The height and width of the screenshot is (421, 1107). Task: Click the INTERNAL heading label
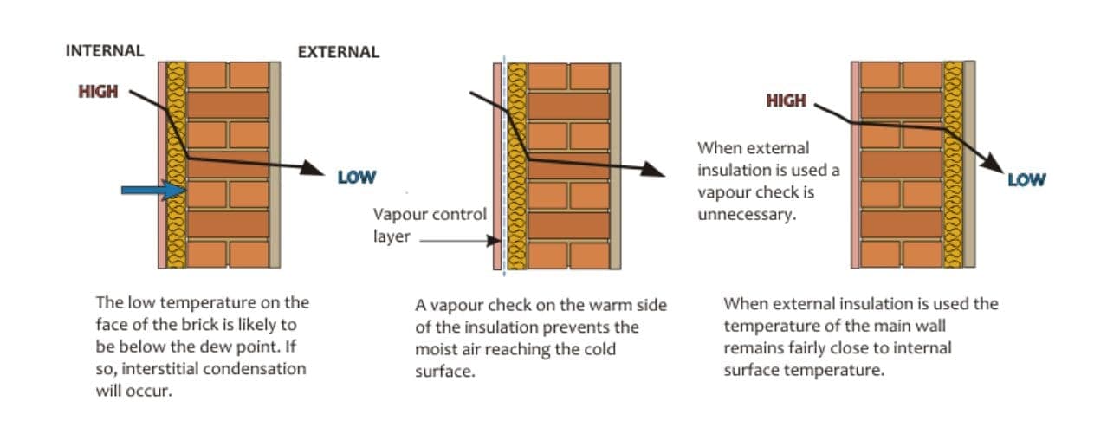[104, 50]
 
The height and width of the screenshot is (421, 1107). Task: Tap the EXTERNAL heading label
[338, 52]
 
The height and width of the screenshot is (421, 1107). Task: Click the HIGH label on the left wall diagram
[98, 92]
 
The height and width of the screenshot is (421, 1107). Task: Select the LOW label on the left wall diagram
[356, 178]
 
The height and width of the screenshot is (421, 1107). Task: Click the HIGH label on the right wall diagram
[786, 100]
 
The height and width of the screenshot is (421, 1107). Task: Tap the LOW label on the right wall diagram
[1026, 180]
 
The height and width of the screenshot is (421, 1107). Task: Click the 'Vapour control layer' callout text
[430, 224]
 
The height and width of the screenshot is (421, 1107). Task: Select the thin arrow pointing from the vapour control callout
[459, 243]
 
